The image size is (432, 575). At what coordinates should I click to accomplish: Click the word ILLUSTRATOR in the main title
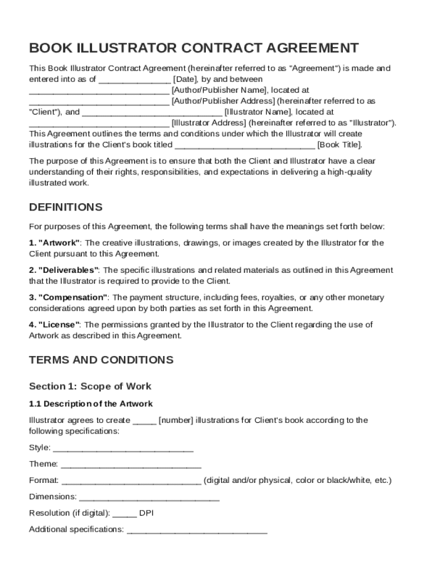(x=129, y=47)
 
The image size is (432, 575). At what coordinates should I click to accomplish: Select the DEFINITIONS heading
(x=66, y=207)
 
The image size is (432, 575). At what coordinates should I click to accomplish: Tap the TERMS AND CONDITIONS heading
(x=101, y=360)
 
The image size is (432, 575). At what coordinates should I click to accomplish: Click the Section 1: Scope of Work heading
(x=90, y=386)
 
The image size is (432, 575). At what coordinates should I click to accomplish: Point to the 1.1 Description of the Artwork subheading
(x=90, y=404)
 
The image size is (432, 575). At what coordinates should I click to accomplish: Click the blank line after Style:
(x=123, y=449)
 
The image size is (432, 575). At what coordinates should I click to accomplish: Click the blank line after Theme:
(x=131, y=465)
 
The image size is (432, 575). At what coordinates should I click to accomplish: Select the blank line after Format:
(x=131, y=481)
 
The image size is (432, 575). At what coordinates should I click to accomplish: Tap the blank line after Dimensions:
(x=149, y=498)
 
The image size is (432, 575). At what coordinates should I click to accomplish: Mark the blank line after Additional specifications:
(x=197, y=530)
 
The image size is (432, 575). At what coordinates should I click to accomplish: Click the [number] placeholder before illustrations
(x=176, y=421)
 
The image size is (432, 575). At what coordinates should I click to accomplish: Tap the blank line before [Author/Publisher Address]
(x=98, y=102)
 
